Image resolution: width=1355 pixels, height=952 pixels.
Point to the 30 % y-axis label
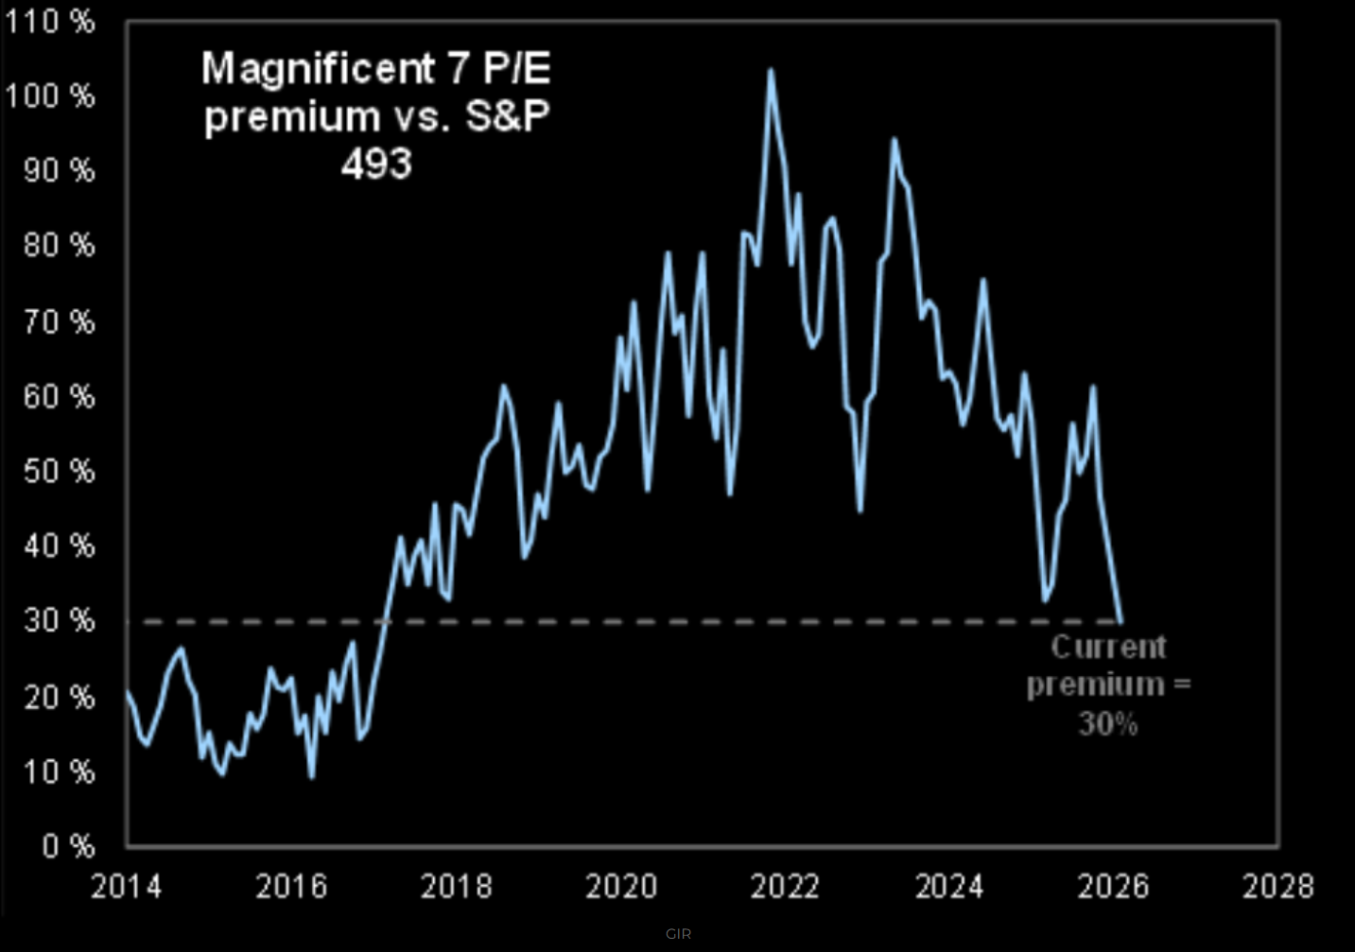click(60, 620)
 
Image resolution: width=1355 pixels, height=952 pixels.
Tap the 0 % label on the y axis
click(69, 845)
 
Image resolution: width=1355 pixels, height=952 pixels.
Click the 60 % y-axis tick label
click(60, 396)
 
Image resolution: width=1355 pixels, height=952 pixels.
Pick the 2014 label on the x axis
click(126, 887)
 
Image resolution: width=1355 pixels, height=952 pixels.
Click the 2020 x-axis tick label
click(621, 887)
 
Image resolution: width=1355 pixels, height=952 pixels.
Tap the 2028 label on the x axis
click(1277, 887)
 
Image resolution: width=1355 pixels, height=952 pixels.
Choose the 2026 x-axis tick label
click(1113, 887)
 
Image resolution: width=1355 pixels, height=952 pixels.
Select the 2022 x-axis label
click(785, 887)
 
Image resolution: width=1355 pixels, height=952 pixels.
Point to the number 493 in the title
click(376, 164)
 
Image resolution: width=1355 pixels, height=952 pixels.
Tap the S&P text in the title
click(507, 117)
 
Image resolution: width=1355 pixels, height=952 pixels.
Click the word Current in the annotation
click(1108, 648)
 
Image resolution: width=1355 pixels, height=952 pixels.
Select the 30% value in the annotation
click(1108, 724)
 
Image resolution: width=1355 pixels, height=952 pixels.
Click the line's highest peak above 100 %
click(771, 70)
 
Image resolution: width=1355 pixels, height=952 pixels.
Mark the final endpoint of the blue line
click(1121, 621)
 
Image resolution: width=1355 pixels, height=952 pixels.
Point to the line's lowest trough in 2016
click(312, 777)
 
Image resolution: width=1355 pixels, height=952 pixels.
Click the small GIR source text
click(678, 934)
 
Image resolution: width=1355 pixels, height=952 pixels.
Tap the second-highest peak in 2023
click(893, 140)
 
